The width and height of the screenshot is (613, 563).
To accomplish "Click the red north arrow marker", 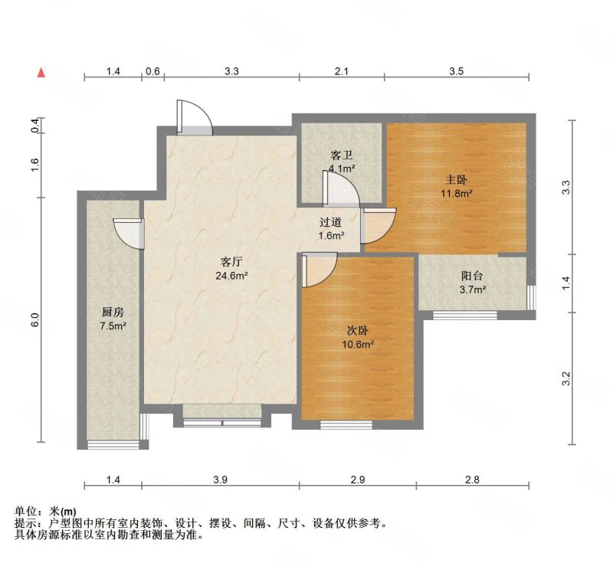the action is pos(41,73).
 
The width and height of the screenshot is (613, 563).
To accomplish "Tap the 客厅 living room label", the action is pos(231,261).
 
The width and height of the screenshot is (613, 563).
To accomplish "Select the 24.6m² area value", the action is pos(232,276).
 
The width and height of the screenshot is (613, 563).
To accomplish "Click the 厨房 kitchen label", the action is pos(113,312).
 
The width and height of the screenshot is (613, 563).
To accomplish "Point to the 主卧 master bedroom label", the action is pos(456,180).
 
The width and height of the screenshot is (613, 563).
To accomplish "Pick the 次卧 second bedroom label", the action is pos(358,331).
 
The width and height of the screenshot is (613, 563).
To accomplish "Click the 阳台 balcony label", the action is pos(472,276).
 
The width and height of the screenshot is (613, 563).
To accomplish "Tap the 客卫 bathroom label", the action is pos(342,155).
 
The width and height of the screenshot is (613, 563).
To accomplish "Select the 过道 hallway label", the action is pos(331,222).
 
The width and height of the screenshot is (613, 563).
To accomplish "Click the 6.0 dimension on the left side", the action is pos(35,320).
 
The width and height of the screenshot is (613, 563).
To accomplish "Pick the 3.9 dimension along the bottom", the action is pos(221,480).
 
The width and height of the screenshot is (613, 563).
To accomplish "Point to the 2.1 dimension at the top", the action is pos(341,71).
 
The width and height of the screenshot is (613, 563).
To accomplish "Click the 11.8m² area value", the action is pos(457,193).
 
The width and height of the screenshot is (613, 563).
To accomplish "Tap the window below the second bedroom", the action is pos(346,425).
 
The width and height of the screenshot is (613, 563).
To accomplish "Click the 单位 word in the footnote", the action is pos(26,512).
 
